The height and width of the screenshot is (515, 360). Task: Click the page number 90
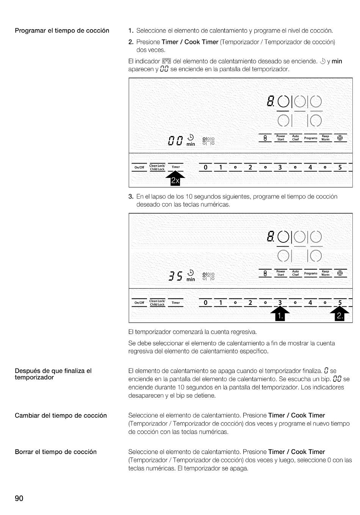tap(19, 498)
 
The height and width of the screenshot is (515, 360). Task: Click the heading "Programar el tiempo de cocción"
tap(62, 31)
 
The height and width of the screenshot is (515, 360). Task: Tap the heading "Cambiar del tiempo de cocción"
tap(61, 415)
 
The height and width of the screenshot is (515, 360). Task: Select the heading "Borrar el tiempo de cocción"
tap(56, 452)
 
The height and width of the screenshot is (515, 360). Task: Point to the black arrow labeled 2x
tap(175, 179)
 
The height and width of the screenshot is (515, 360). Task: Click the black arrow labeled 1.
tap(279, 314)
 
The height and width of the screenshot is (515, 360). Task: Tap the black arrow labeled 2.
tap(340, 314)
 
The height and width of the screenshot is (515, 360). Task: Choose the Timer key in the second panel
tap(175, 303)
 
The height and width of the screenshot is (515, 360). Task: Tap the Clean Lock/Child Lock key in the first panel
tap(157, 167)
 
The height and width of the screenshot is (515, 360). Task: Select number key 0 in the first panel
tap(206, 167)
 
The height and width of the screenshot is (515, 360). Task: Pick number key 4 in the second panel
tap(310, 303)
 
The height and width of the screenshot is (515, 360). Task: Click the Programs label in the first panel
tap(310, 138)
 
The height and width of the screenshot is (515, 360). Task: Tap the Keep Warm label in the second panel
tap(325, 273)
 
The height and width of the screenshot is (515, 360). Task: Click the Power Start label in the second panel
tap(281, 273)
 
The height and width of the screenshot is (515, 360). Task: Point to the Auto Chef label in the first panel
tap(296, 137)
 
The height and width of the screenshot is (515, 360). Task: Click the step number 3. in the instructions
tap(131, 197)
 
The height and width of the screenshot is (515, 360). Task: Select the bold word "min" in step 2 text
tap(337, 61)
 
